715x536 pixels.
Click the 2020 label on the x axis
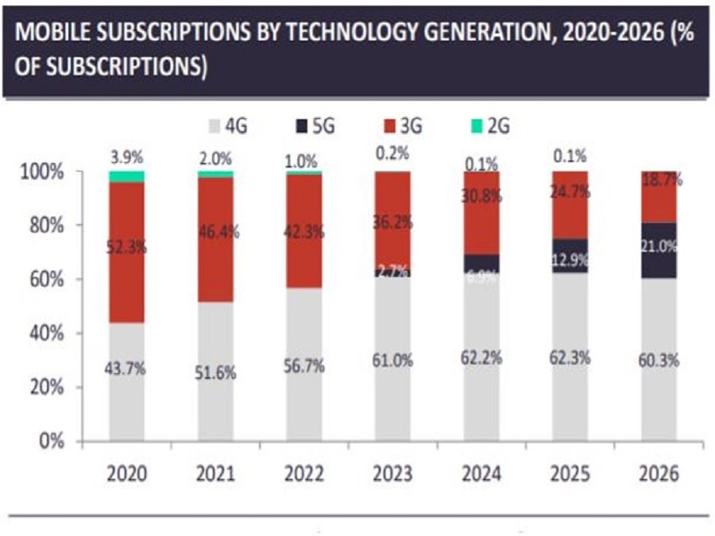127,474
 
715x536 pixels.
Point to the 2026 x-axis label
659,474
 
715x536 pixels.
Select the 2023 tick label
393,474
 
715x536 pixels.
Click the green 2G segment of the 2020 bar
127,176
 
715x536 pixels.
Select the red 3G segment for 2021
216,238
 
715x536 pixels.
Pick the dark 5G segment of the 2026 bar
659,250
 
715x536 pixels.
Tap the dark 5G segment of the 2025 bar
570,255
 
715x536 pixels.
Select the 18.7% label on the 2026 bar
659,182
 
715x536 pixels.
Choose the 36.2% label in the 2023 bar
393,223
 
